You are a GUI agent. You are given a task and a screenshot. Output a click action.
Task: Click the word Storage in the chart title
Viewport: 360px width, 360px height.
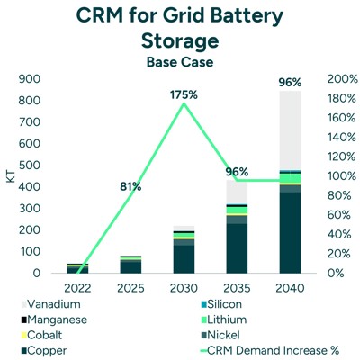click(x=180, y=41)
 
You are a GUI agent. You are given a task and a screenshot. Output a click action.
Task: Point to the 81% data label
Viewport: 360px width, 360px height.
click(x=130, y=187)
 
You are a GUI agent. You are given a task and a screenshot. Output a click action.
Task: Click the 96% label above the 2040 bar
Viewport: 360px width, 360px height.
click(x=289, y=82)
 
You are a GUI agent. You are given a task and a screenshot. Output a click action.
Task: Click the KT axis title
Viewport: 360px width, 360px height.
click(x=11, y=176)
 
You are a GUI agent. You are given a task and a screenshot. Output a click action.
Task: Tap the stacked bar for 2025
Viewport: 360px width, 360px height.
click(x=130, y=264)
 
